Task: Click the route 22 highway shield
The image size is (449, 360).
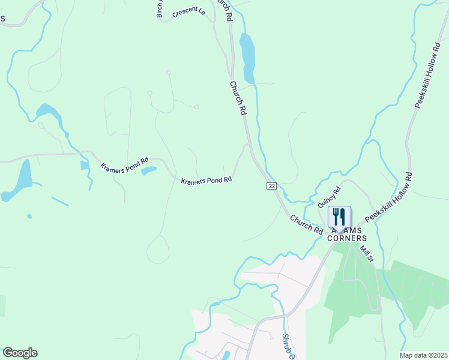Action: (x=272, y=187)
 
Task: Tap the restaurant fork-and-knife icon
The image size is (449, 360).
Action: (x=339, y=217)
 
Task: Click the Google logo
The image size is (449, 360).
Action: (x=20, y=353)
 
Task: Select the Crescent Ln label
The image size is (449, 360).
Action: (x=188, y=13)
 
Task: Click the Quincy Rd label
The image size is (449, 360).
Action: (x=329, y=196)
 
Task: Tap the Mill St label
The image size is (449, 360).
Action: (x=367, y=253)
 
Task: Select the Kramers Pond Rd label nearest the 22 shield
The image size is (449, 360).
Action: (x=206, y=180)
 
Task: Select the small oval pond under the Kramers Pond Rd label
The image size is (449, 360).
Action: (x=148, y=171)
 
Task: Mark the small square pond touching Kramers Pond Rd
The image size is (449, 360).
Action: (x=85, y=165)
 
